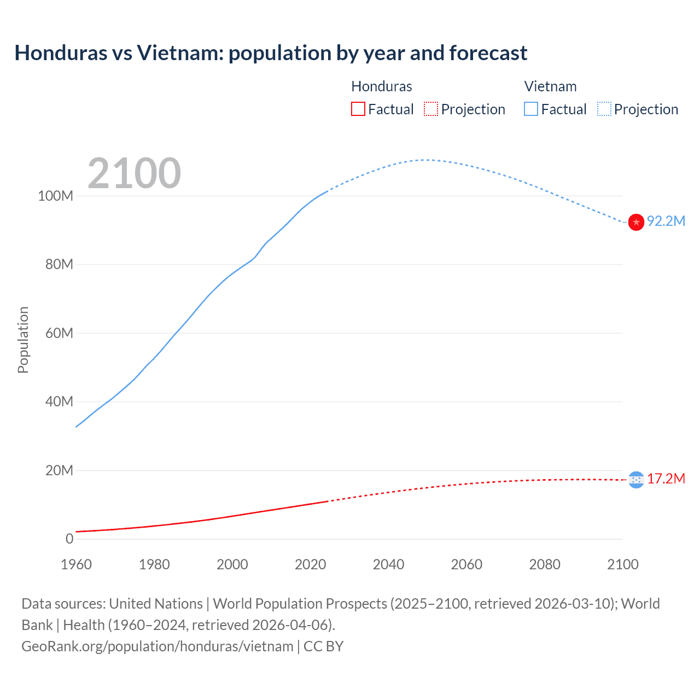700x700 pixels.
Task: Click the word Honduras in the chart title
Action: click(x=61, y=53)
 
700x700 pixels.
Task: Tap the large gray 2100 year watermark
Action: click(x=134, y=173)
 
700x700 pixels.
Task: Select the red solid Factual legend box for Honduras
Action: click(x=358, y=109)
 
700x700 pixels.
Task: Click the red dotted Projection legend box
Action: click(x=431, y=109)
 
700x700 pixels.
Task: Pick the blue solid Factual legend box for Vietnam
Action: click(x=530, y=109)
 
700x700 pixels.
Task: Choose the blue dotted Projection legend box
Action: click(x=604, y=109)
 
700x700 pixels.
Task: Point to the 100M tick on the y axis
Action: click(x=55, y=196)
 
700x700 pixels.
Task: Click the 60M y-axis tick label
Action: click(x=59, y=333)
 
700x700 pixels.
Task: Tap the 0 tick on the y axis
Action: click(x=69, y=539)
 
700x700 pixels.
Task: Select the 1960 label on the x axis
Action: click(x=76, y=564)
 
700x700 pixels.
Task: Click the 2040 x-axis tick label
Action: click(x=388, y=564)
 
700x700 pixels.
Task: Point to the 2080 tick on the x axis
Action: click(x=545, y=564)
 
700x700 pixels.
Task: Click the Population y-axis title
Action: click(x=23, y=340)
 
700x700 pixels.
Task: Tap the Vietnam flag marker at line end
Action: click(x=636, y=222)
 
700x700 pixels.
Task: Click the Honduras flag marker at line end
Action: click(x=636, y=480)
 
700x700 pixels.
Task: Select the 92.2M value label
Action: click(x=666, y=221)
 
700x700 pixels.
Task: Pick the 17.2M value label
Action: click(x=666, y=479)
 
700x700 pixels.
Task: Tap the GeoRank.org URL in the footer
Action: click(x=157, y=646)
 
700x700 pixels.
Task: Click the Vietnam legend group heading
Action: click(x=550, y=86)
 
